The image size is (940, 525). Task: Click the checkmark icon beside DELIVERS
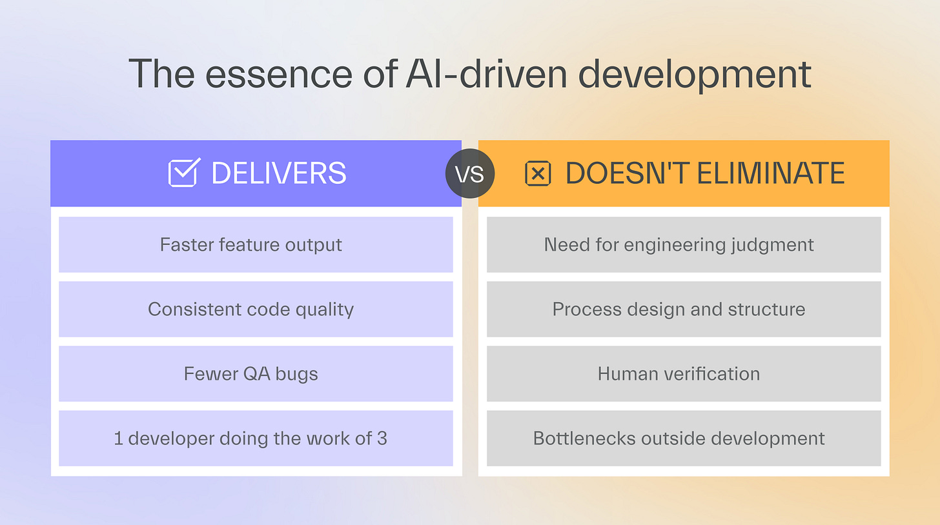[x=184, y=172]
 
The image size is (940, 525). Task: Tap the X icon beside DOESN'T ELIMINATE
[x=538, y=173]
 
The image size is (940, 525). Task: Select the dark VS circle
[x=470, y=173]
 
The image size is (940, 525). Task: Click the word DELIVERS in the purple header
[x=279, y=173]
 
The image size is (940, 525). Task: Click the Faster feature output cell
[x=256, y=244]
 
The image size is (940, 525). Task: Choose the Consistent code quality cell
[x=256, y=309]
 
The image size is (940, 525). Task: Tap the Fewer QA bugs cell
[x=256, y=373]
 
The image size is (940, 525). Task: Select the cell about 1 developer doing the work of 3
[x=256, y=438]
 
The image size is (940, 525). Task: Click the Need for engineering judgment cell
[x=684, y=244]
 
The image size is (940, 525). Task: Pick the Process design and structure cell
[x=684, y=309]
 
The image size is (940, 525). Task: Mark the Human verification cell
[x=684, y=373]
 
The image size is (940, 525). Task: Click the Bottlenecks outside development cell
[x=684, y=438]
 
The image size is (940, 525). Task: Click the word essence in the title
[x=279, y=75]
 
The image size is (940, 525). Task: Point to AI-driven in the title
[x=487, y=74]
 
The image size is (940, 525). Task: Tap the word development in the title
[x=695, y=75]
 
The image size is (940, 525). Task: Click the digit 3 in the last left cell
[x=382, y=438]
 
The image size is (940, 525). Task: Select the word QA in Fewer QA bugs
[x=257, y=374]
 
